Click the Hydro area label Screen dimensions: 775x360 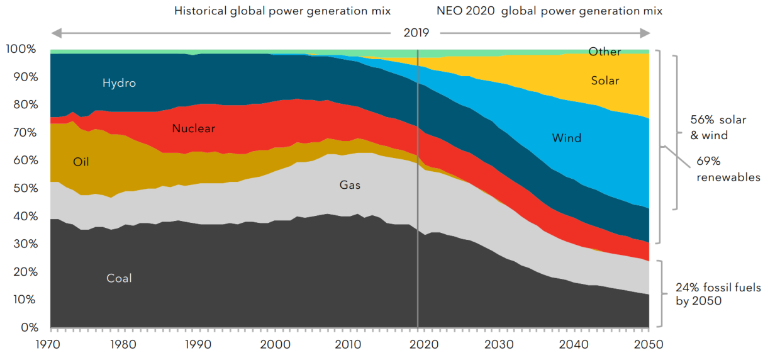tap(119, 83)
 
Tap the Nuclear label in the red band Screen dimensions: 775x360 tap(193, 128)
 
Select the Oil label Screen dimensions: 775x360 tap(81, 162)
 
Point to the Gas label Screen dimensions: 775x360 tap(350, 185)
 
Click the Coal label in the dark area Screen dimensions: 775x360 tap(119, 278)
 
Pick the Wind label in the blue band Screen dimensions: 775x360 tap(567, 138)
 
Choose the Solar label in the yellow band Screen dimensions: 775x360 tap(605, 81)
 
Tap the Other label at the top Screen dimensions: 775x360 tap(605, 52)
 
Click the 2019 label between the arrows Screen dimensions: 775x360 tap(416, 33)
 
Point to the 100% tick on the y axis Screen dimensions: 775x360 tap(21, 49)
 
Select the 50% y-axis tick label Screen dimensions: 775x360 tap(25, 188)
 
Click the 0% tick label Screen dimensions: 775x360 tap(30, 327)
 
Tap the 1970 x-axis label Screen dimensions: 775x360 tap(48, 344)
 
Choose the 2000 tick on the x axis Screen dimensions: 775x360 tap(276, 344)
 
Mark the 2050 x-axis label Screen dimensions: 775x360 tap(649, 344)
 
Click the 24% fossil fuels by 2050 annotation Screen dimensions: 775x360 tap(718, 294)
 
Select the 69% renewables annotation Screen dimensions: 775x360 tap(728, 169)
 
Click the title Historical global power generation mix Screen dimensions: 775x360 tap(282, 11)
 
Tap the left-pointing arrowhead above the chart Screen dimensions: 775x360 tap(57, 33)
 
